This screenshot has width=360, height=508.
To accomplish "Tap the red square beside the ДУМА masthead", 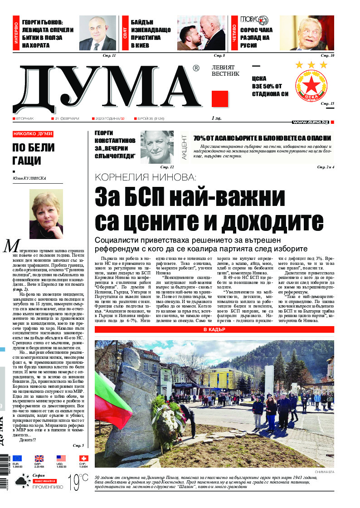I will click(219, 98).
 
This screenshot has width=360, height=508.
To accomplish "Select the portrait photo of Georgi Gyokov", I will click(97, 33).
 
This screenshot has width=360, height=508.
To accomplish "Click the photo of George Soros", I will click(306, 33).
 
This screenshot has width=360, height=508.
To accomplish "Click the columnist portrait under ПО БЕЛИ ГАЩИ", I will click(46, 214).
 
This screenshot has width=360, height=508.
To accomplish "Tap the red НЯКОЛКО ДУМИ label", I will click(33, 134).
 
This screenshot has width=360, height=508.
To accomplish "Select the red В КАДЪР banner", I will click(214, 329).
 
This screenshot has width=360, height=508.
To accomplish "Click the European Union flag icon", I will click(17, 458).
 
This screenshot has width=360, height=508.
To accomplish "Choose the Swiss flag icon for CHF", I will click(83, 458).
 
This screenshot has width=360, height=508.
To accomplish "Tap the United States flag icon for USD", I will click(61, 458).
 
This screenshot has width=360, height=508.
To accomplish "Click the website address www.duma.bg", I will click(310, 122).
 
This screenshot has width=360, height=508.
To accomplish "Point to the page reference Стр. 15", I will click(327, 104).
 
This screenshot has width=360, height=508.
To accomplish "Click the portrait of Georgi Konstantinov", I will click(157, 146).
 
